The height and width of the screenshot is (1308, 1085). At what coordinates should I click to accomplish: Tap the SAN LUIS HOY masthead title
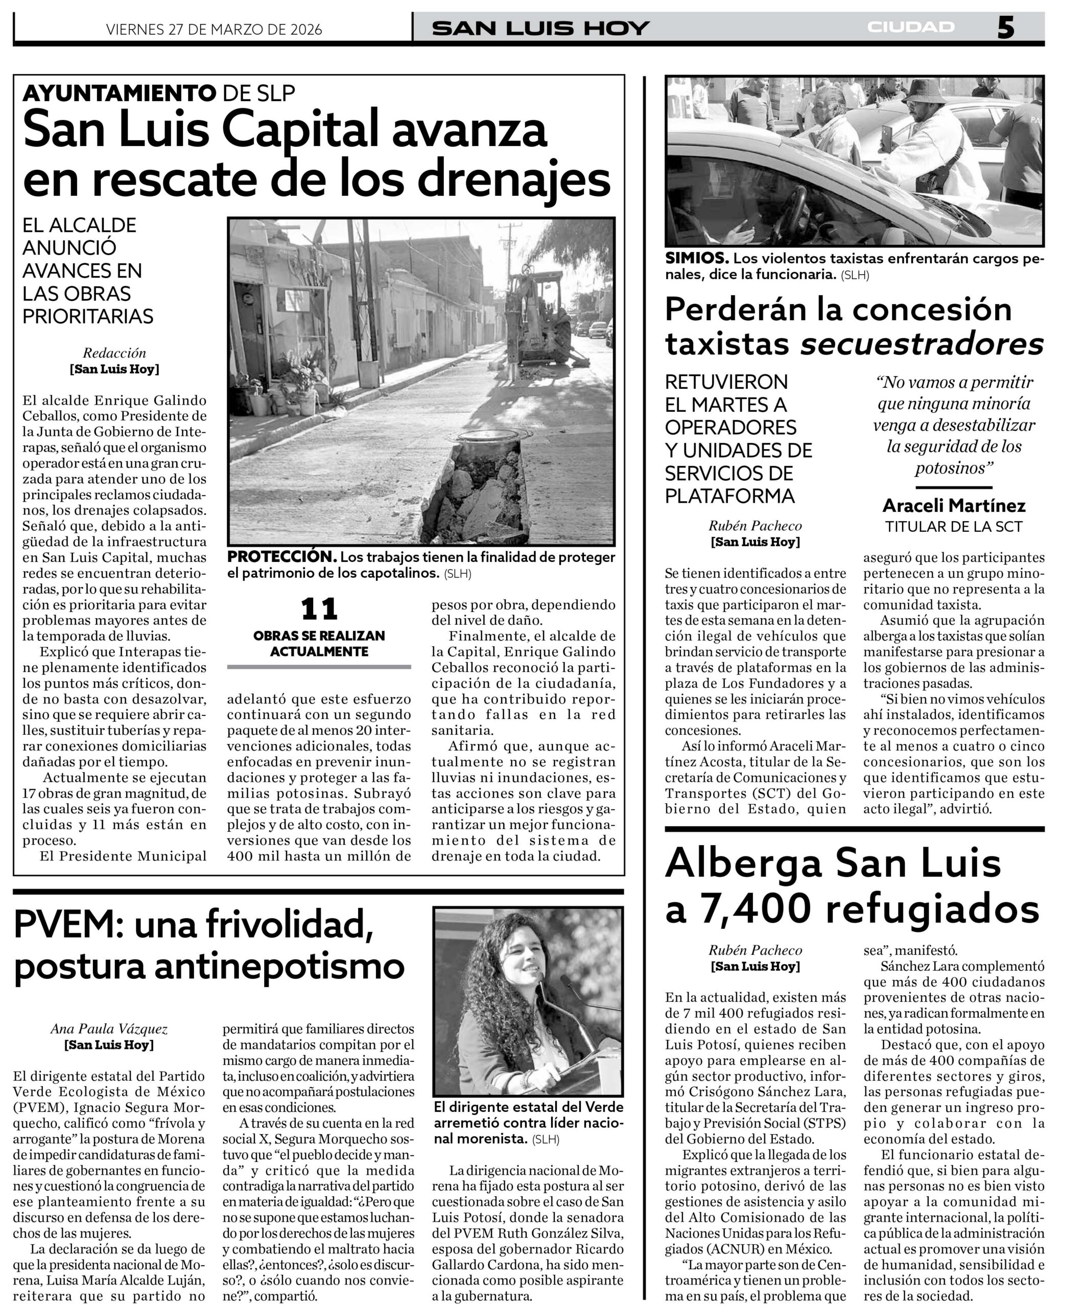tap(540, 28)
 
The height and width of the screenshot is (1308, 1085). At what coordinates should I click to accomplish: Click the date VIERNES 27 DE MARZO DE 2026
tap(214, 29)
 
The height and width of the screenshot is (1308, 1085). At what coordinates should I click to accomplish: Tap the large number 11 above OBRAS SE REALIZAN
tap(319, 609)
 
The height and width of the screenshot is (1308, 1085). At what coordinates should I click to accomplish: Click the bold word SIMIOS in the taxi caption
tap(697, 258)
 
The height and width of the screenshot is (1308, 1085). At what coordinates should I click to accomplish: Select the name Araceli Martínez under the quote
tap(954, 505)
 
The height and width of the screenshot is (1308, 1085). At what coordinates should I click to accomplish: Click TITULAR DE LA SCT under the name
tap(954, 527)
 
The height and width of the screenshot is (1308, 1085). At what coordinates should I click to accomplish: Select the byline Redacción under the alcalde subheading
tap(114, 353)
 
